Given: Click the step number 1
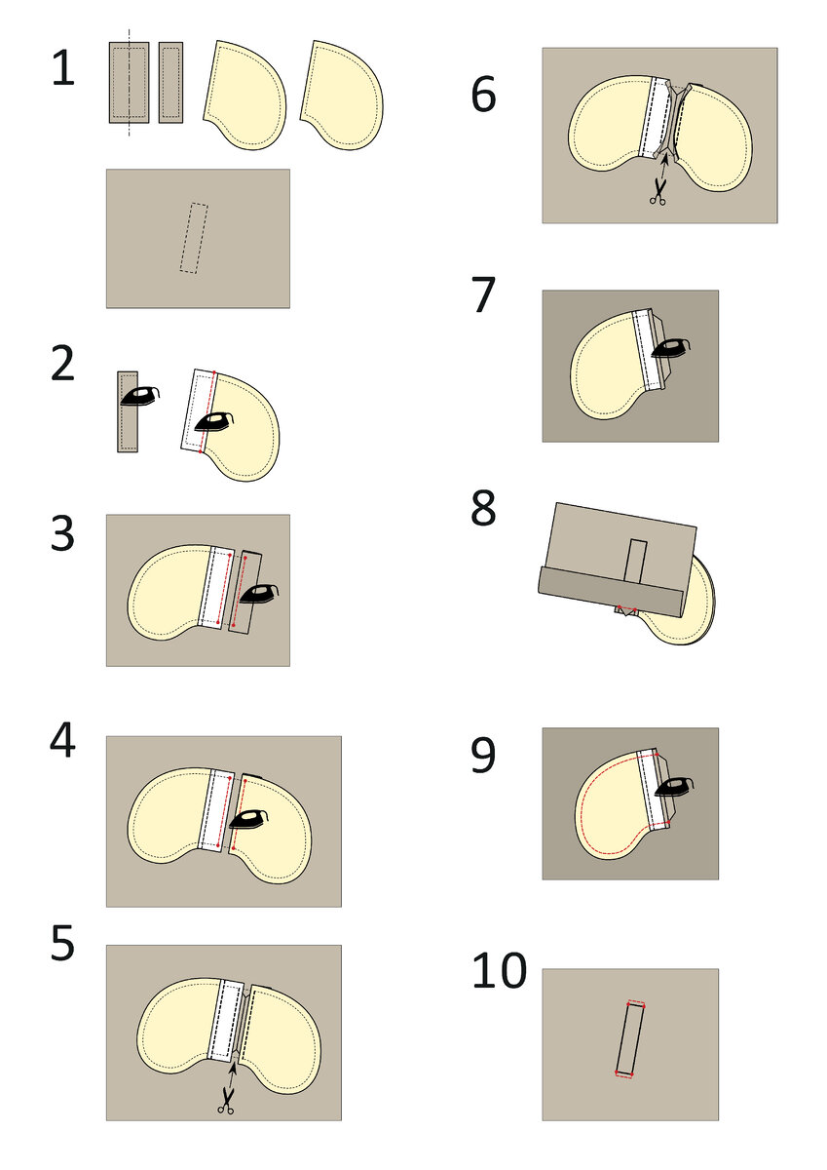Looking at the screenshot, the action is tap(63, 68).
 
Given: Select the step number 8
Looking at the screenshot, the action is tap(483, 508).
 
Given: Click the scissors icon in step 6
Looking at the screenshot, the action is tap(658, 192).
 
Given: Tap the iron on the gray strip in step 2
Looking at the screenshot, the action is tap(139, 397).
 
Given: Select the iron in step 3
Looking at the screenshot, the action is tap(258, 594).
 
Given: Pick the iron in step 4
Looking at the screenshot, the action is tap(249, 819).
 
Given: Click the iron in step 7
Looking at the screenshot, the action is tap(671, 348).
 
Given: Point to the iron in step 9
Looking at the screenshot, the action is tap(674, 787).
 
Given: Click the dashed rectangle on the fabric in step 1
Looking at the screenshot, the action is tap(194, 238).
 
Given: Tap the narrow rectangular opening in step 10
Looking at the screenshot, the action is tap(630, 1040).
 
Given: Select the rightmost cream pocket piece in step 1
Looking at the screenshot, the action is tap(342, 96).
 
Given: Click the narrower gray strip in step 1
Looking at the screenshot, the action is tap(170, 83).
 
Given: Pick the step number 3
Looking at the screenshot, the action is tap(62, 533).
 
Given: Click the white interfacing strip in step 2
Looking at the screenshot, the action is tap(197, 410).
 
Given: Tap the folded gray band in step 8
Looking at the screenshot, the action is tap(612, 593).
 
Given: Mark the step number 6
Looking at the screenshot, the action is tap(483, 94).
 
